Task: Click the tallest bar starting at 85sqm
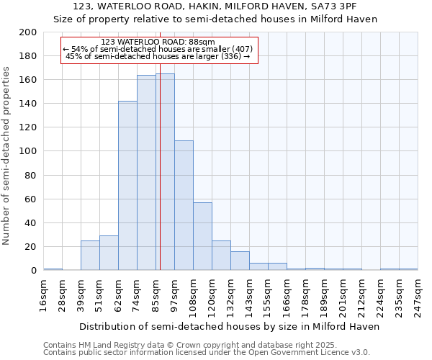click(x=165, y=172)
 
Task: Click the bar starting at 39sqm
click(x=90, y=256)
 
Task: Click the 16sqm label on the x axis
click(x=43, y=293)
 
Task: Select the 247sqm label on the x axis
click(x=418, y=293)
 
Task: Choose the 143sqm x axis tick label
click(x=249, y=294)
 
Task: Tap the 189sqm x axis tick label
click(x=324, y=294)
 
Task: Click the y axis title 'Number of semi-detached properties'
click(x=7, y=155)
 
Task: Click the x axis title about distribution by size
click(x=229, y=326)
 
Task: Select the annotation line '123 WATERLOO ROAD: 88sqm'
click(x=158, y=42)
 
